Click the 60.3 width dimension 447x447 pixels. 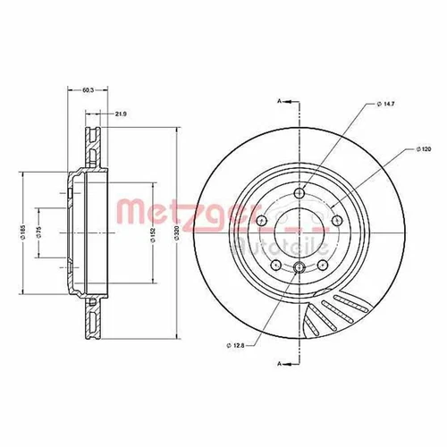click(x=87, y=90)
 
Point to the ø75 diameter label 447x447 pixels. click(x=40, y=232)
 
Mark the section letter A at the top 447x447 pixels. click(x=280, y=102)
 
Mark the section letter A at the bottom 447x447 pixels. click(x=280, y=363)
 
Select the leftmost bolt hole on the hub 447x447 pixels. click(x=260, y=222)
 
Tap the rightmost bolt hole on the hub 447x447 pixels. click(x=337, y=222)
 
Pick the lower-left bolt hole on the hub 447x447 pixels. click(x=275, y=266)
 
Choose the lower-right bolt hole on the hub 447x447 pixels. click(x=323, y=266)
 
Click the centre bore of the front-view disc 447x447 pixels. click(x=299, y=232)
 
